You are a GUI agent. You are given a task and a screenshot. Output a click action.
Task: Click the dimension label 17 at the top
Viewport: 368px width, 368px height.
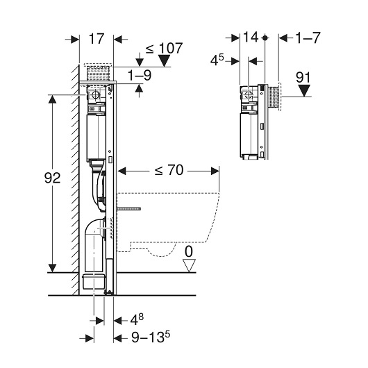point(97,39)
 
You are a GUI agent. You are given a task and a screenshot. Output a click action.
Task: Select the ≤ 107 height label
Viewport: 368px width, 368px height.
point(164,49)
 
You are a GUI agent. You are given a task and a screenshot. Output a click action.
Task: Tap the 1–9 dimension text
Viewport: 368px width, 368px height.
point(140,76)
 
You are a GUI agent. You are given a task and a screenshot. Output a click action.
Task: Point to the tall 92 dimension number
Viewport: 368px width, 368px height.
point(52,178)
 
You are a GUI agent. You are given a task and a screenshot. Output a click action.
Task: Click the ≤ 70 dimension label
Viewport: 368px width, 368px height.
point(169,170)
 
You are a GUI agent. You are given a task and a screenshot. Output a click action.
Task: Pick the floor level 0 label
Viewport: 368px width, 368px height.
point(189,252)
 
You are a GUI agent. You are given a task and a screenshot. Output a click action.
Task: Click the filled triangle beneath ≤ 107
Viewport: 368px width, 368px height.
point(164,61)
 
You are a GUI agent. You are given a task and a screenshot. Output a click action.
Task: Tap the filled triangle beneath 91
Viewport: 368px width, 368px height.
point(304,90)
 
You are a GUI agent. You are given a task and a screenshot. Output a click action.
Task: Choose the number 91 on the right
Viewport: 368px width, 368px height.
point(303,77)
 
